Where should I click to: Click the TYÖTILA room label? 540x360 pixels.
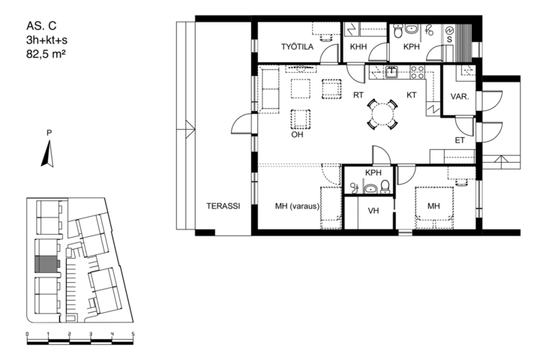(x=297, y=46)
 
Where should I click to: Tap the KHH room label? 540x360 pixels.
(x=358, y=46)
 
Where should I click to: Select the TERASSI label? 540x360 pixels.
(x=223, y=206)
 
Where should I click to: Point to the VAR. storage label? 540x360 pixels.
(x=460, y=97)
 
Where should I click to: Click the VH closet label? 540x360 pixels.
(x=373, y=211)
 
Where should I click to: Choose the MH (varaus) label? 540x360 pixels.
(x=297, y=206)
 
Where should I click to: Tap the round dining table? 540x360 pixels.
(x=382, y=114)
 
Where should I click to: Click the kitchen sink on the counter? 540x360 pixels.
(x=391, y=72)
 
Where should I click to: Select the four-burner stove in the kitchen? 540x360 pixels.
(x=417, y=72)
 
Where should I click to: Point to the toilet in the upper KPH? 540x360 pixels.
(x=398, y=30)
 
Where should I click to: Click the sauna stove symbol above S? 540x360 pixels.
(x=450, y=31)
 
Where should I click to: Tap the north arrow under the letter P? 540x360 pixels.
(x=48, y=154)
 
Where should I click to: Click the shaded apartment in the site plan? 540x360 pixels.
(x=46, y=264)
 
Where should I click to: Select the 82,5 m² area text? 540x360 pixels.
(x=46, y=54)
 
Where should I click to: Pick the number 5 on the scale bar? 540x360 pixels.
(x=133, y=334)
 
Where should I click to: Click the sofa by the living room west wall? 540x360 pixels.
(x=268, y=89)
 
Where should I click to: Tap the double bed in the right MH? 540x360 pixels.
(x=434, y=208)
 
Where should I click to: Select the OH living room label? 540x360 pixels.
(x=297, y=134)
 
